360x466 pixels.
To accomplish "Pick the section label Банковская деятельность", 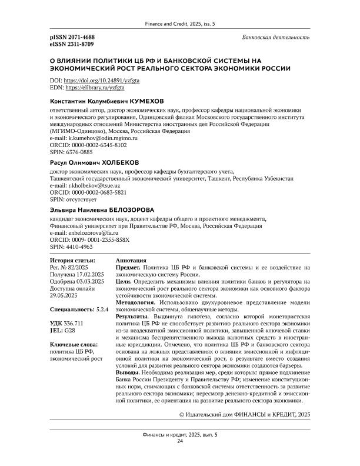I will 276,37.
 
